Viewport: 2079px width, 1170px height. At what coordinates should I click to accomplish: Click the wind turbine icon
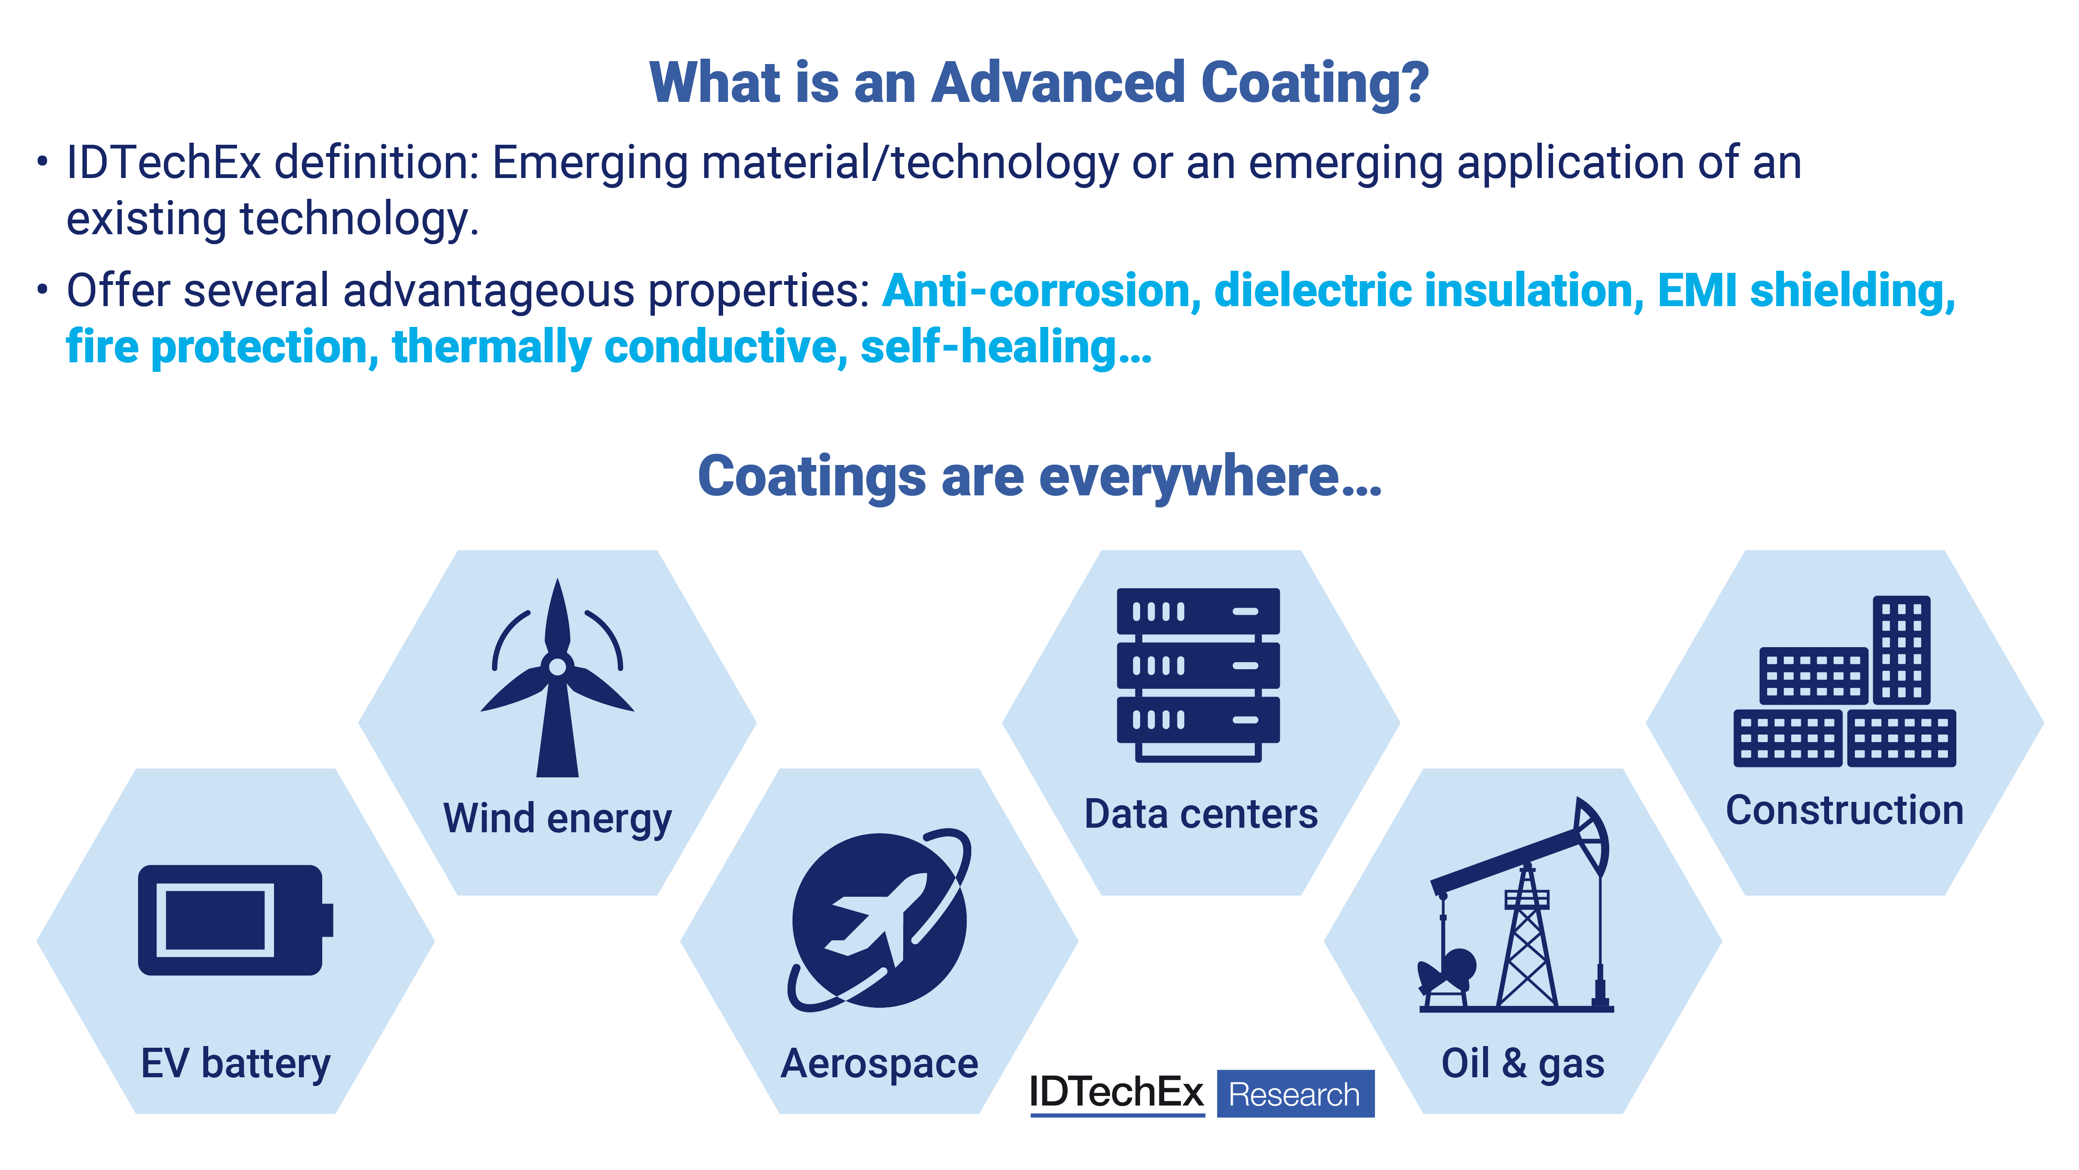(557, 678)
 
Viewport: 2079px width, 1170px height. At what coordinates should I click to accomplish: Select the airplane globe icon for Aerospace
(880, 920)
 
